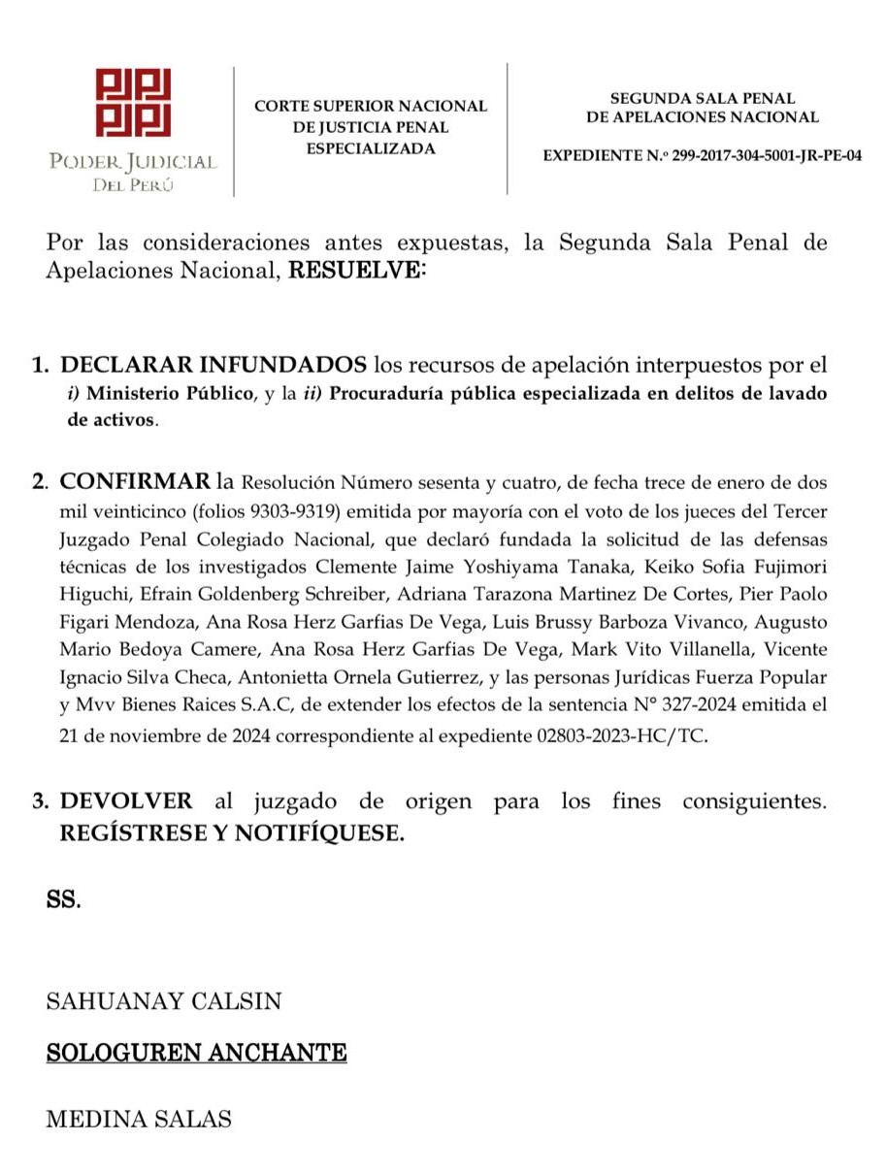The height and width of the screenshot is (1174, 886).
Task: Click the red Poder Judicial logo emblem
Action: pyautogui.click(x=133, y=103)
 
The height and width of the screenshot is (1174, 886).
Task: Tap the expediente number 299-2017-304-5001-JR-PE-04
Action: pyautogui.click(x=767, y=155)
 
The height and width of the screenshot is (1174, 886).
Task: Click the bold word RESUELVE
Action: pyautogui.click(x=357, y=271)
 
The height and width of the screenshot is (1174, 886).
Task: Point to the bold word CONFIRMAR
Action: pyautogui.click(x=135, y=482)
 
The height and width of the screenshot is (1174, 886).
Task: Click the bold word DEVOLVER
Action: pyautogui.click(x=126, y=801)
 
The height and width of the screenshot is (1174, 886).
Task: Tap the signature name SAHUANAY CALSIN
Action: pyautogui.click(x=164, y=1001)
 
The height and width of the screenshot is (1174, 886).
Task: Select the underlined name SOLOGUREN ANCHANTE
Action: pyautogui.click(x=196, y=1053)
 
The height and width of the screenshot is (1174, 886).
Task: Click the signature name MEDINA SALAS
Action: pyautogui.click(x=139, y=1119)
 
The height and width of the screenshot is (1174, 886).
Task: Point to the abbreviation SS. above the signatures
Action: pyautogui.click(x=64, y=899)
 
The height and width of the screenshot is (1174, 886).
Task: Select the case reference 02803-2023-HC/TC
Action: pyautogui.click(x=621, y=736)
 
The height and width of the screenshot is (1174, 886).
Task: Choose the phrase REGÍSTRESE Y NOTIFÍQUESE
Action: pyautogui.click(x=232, y=832)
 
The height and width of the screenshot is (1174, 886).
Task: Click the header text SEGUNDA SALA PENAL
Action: pyautogui.click(x=703, y=98)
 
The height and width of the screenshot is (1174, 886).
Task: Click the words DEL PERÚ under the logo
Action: pyautogui.click(x=133, y=185)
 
